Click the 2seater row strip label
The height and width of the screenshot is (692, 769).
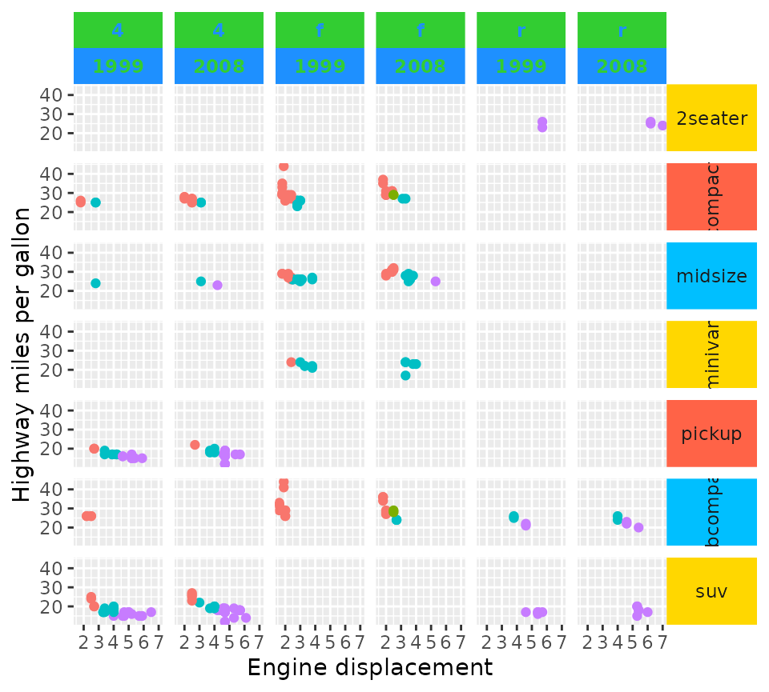coord(711,118)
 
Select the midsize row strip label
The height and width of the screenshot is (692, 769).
coord(711,276)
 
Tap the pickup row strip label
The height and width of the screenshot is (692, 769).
coord(711,434)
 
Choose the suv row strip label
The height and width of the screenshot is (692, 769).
coord(711,591)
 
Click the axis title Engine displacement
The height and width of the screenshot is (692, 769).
coord(369,667)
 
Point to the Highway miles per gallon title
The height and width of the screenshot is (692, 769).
coord(22,354)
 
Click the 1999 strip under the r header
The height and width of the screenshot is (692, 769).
coord(521,66)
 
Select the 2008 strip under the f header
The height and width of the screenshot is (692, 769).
coord(420,66)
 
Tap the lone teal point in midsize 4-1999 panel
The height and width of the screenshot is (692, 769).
coord(95,283)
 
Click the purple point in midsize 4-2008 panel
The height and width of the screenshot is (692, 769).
coord(217,285)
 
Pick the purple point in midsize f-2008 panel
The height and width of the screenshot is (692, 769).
coord(436,281)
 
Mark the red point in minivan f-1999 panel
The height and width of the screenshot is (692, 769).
coord(292,362)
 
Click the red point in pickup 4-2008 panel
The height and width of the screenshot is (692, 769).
coord(195,445)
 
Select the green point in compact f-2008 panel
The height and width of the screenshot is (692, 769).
coord(393,194)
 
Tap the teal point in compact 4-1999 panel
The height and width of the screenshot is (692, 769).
coord(95,202)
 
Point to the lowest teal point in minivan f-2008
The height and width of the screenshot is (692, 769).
coord(405,375)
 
